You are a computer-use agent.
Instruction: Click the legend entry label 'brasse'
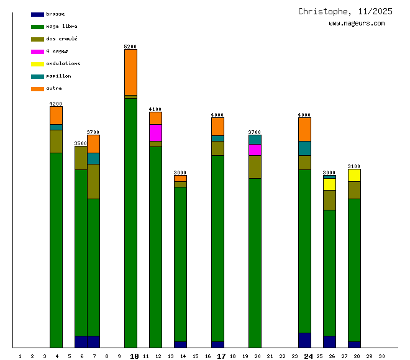click(x=55, y=14)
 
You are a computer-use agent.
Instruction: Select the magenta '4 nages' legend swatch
click(x=37, y=51)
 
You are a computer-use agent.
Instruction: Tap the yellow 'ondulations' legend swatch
click(x=37, y=63)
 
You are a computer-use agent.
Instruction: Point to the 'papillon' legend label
click(x=58, y=76)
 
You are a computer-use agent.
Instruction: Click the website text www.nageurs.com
click(x=357, y=24)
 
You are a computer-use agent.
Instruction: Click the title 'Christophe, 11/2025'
click(x=345, y=11)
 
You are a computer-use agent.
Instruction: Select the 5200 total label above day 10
click(x=130, y=47)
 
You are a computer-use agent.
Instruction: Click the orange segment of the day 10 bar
click(x=130, y=72)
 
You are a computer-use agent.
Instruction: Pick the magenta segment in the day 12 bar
click(x=155, y=132)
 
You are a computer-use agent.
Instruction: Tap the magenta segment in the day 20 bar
click(x=255, y=150)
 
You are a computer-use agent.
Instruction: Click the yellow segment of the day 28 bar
click(x=354, y=175)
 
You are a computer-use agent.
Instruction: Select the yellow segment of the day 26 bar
click(x=329, y=184)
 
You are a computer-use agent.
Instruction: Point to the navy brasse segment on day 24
click(x=304, y=340)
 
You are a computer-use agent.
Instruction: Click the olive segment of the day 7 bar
click(x=93, y=181)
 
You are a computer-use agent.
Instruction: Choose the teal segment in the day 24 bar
click(x=304, y=148)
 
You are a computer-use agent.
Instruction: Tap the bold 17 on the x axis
click(x=221, y=356)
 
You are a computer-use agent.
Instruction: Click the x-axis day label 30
click(x=381, y=356)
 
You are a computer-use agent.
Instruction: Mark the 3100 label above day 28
click(x=354, y=166)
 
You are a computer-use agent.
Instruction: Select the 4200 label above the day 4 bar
click(x=56, y=104)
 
